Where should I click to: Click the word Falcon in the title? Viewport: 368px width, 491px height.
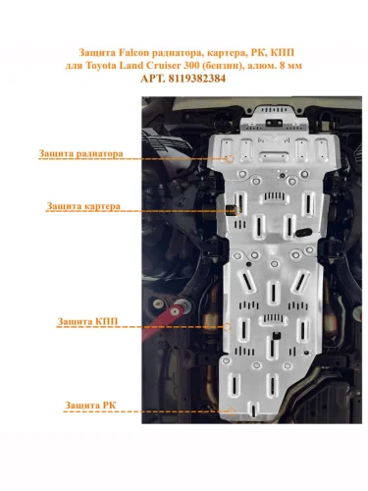[x=133, y=52]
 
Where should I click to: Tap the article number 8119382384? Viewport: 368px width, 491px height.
[x=197, y=79]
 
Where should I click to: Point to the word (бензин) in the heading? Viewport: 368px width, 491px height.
[x=222, y=66]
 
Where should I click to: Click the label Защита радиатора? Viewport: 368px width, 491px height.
[x=80, y=153]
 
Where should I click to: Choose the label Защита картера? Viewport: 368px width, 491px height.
[x=83, y=206]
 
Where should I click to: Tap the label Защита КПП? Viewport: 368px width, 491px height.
[x=87, y=321]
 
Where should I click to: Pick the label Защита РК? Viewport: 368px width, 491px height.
[x=90, y=406]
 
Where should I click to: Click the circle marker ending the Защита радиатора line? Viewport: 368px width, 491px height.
[x=231, y=159]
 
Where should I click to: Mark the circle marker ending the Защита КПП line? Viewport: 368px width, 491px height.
[x=227, y=326]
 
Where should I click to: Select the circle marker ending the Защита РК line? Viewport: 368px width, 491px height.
[x=232, y=411]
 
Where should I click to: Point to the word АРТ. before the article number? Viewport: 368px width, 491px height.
[x=153, y=79]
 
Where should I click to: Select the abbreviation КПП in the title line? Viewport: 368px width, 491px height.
[x=283, y=52]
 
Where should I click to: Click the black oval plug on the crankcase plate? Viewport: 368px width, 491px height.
[x=304, y=233]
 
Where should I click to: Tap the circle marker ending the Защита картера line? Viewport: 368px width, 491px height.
[x=237, y=210]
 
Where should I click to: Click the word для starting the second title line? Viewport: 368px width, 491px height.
[x=74, y=66]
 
